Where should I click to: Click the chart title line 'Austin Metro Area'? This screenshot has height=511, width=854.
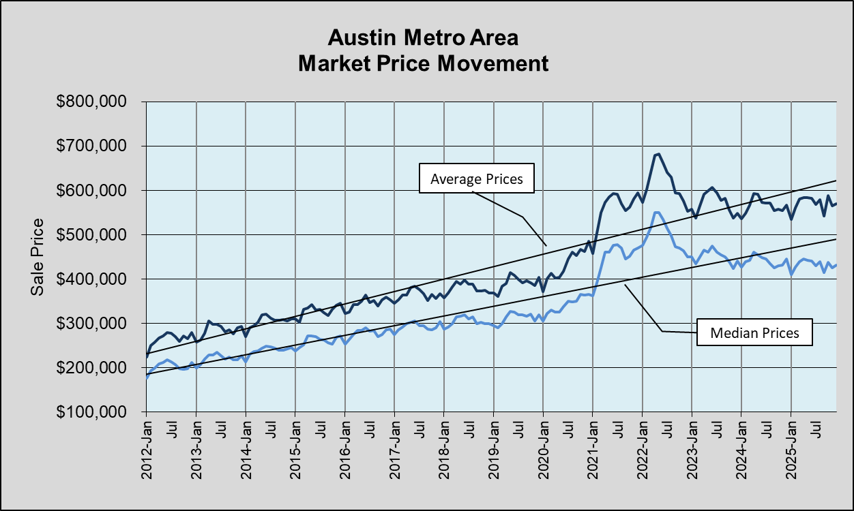pyautogui.click(x=427, y=37)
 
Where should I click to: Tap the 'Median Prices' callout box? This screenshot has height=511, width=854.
pyautogui.click(x=754, y=333)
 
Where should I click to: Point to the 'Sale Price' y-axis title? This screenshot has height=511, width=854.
pyautogui.click(x=38, y=256)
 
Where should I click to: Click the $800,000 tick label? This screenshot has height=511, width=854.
pyautogui.click(x=95, y=102)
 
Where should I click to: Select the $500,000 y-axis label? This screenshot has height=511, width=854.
pyautogui.click(x=95, y=235)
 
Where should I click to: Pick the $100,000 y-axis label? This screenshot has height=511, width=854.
pyautogui.click(x=95, y=412)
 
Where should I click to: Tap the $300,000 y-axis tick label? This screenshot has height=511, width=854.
pyautogui.click(x=95, y=324)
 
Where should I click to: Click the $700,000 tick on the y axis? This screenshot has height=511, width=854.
pyautogui.click(x=95, y=146)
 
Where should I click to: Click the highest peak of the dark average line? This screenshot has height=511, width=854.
pyautogui.click(x=658, y=154)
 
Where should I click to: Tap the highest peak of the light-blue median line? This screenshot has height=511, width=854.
pyautogui.click(x=657, y=213)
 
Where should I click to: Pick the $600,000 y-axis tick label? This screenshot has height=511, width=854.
pyautogui.click(x=95, y=191)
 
